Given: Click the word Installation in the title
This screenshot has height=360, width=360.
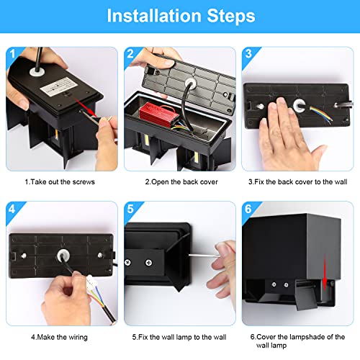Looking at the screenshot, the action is pyautogui.click(x=154, y=16).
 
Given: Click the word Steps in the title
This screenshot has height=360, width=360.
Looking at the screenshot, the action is pyautogui.click(x=231, y=16).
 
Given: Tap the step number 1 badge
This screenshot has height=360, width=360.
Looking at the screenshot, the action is pyautogui.click(x=12, y=54).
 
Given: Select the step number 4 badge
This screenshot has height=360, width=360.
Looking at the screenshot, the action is pyautogui.click(x=12, y=209).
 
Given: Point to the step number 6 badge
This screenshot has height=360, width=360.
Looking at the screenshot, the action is pyautogui.click(x=248, y=209).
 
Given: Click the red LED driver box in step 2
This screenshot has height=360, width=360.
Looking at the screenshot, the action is pyautogui.click(x=159, y=113).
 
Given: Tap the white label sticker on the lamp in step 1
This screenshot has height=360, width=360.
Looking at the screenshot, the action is pyautogui.click(x=59, y=86).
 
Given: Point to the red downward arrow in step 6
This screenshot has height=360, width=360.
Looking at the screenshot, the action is pyautogui.click(x=325, y=273).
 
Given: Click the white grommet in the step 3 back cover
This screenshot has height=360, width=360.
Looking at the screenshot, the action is pyautogui.click(x=300, y=105).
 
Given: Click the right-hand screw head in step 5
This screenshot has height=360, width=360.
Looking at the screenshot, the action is pyautogui.click(x=149, y=263).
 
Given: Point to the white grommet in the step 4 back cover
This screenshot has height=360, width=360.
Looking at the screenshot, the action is pyautogui.click(x=63, y=256).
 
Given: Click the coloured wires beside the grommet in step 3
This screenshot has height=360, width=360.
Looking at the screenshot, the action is pyautogui.click(x=321, y=114).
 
